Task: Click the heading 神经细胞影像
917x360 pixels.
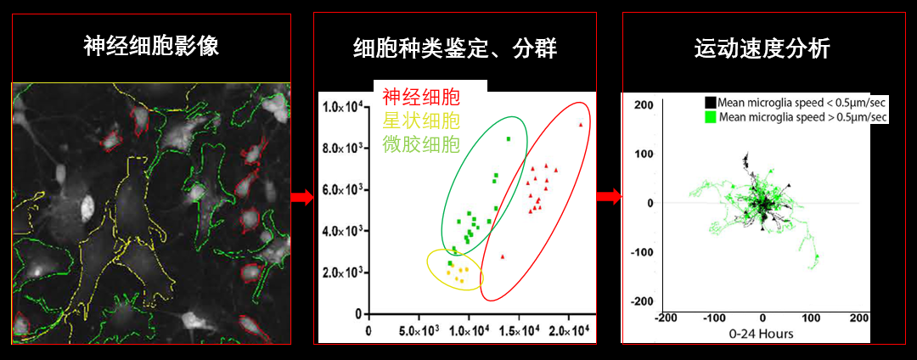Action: [x=151, y=46]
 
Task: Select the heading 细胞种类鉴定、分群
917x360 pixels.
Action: [x=455, y=48]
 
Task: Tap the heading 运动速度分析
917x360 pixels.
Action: [x=762, y=48]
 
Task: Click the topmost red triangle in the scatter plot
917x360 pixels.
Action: [x=581, y=125]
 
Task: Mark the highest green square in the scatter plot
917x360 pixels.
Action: [x=509, y=138]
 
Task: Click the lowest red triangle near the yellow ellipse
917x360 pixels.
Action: [x=503, y=256]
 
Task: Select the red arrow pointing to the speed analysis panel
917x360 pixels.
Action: [x=608, y=198]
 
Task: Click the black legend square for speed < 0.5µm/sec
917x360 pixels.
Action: [x=711, y=102]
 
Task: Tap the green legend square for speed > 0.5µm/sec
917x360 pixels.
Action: [x=711, y=116]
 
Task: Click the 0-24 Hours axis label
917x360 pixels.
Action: [x=762, y=334]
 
